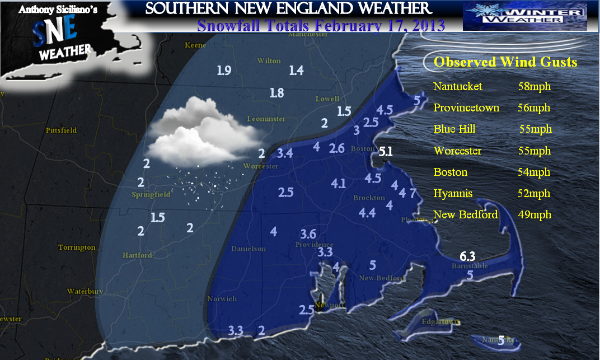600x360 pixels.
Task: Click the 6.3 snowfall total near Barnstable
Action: [x=467, y=256]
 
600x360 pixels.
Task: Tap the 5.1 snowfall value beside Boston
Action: [x=386, y=151]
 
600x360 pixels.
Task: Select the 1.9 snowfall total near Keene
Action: [x=224, y=71]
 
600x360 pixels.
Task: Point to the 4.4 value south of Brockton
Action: [x=367, y=213]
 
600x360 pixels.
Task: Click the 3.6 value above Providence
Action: [x=308, y=234]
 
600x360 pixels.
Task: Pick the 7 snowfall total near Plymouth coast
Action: [x=413, y=194]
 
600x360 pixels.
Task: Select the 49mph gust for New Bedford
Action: [x=534, y=214]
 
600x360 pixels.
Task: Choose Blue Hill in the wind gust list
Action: [x=454, y=129]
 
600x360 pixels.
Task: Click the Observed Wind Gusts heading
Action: [x=505, y=62]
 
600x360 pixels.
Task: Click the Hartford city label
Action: [x=137, y=255]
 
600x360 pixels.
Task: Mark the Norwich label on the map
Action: [x=222, y=298]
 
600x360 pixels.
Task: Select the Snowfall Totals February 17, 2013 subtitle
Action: [x=321, y=26]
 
